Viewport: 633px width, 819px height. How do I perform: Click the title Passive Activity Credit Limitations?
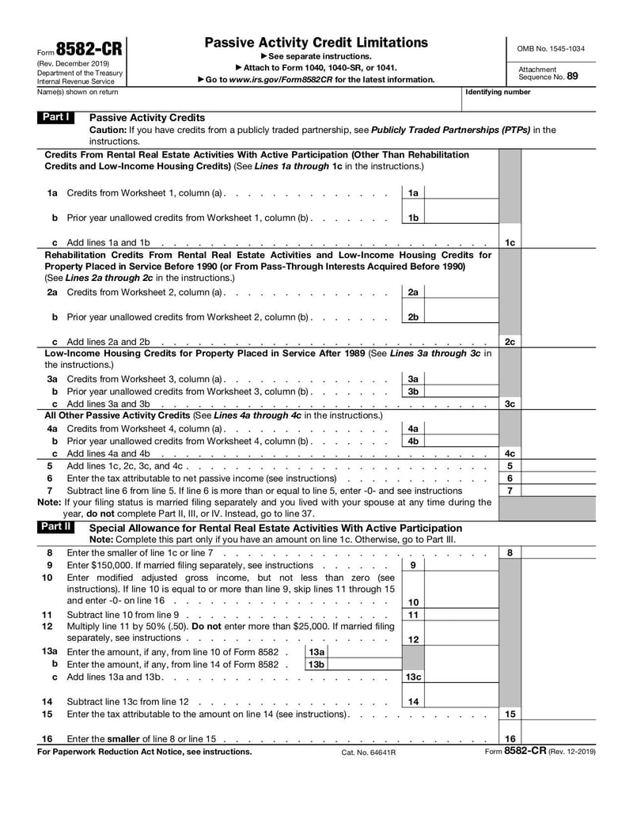(316, 43)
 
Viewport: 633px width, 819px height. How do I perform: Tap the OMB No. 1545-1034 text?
(551, 48)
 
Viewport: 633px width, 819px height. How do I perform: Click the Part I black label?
(56, 117)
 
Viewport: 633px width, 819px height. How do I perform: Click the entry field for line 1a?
(461, 193)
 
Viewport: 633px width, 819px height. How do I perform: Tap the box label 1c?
(510, 242)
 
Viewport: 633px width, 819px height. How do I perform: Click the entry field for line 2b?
(461, 317)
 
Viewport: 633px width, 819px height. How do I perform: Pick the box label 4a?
(413, 428)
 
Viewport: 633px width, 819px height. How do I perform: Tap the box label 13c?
(413, 677)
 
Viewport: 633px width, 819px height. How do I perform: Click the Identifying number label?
(498, 93)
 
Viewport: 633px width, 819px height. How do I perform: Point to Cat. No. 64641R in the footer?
(368, 752)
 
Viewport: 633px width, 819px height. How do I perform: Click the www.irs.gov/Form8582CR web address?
(273, 80)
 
